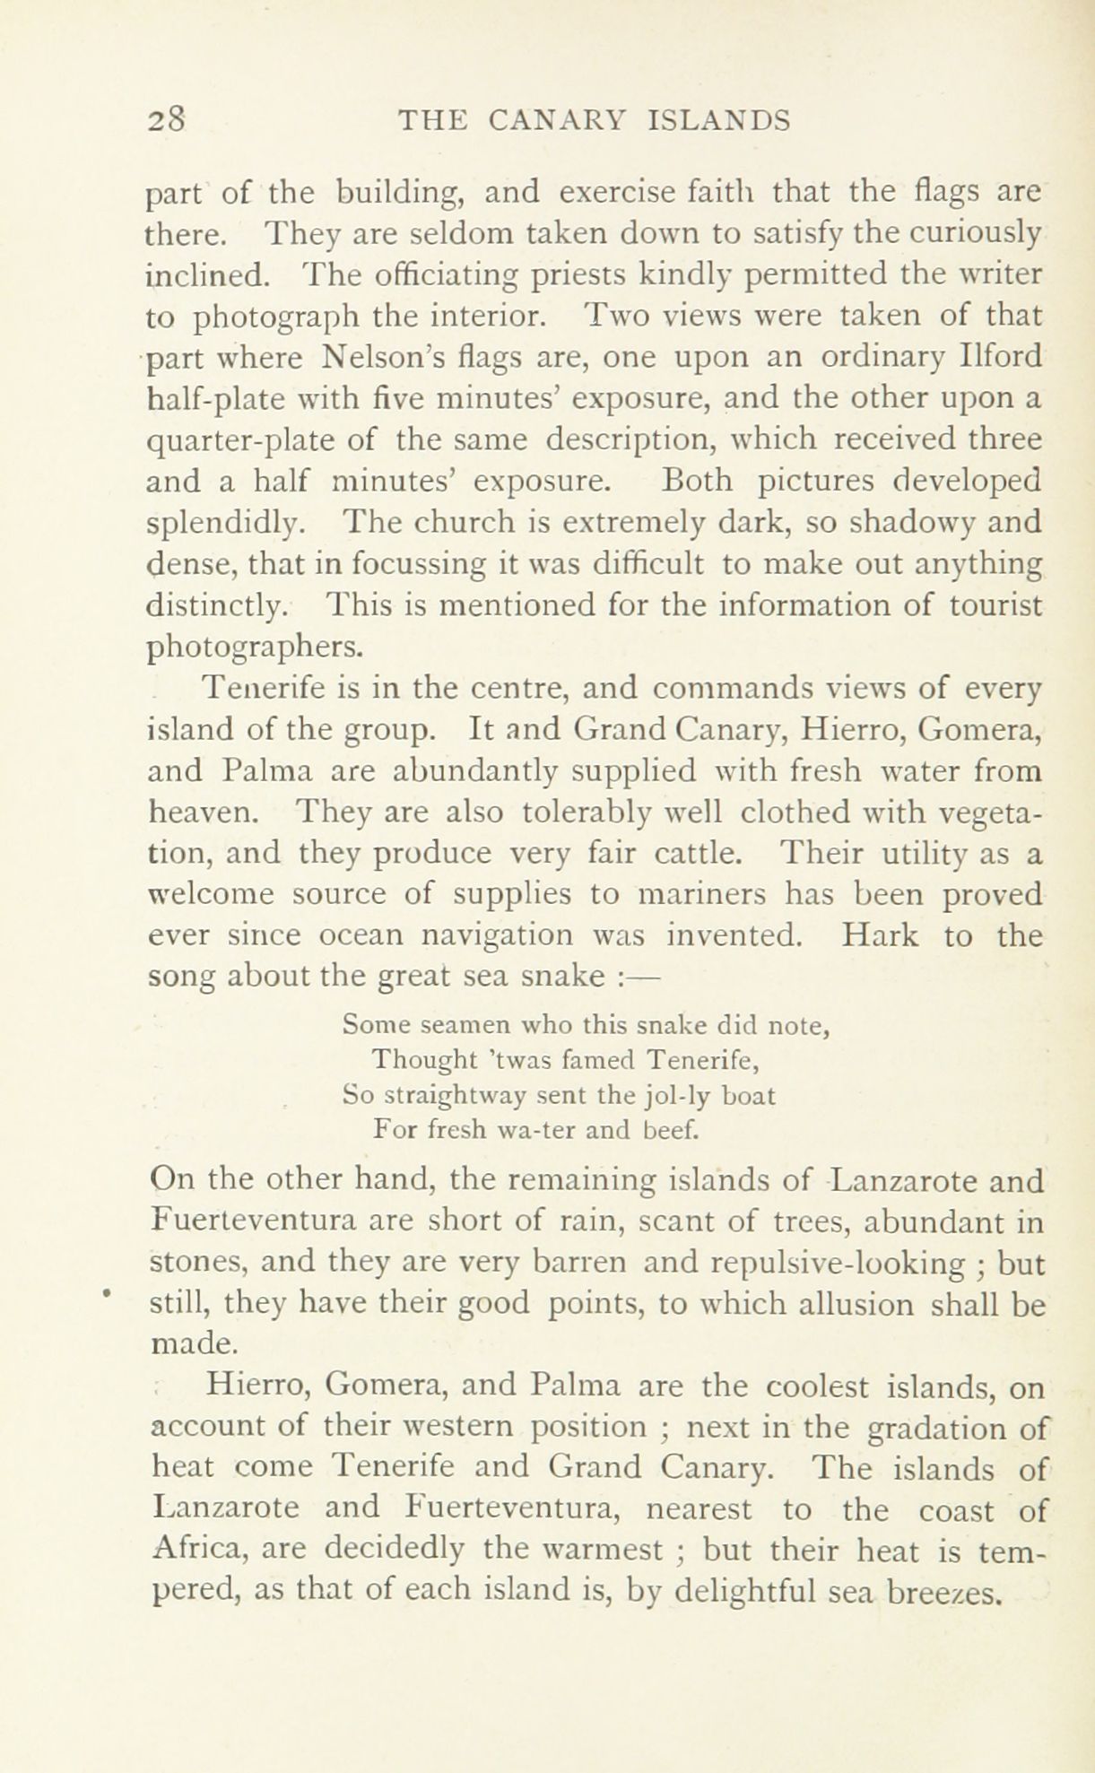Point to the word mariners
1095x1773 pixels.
[x=697, y=895]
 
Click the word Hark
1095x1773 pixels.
[x=881, y=936]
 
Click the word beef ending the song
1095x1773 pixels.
[x=669, y=1132]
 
